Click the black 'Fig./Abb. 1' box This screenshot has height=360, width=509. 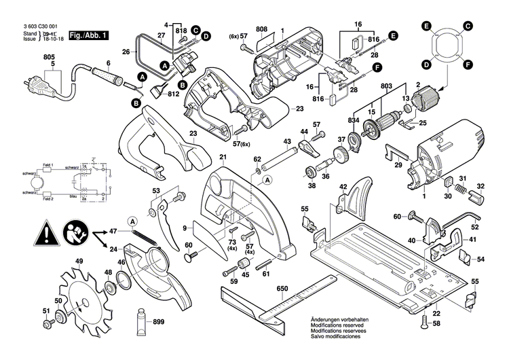(x=88, y=35)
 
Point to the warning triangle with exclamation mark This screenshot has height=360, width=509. (x=46, y=234)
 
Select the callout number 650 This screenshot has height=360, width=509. (x=282, y=289)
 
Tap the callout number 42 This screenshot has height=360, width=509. (x=343, y=186)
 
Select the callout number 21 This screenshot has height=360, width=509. (x=223, y=157)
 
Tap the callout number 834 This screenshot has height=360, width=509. (x=354, y=120)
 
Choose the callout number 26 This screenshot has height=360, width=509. (x=126, y=51)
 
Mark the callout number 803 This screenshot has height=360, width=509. (x=387, y=85)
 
